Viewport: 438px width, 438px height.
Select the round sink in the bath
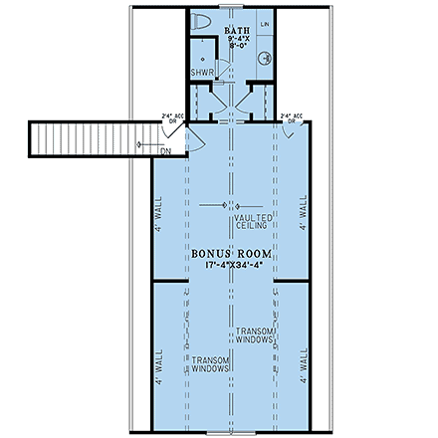(266, 58)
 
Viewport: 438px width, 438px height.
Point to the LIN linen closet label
(265, 22)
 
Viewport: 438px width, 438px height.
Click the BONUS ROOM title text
(231, 255)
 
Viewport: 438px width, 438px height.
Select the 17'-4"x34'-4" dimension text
(231, 266)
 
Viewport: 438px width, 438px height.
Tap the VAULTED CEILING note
(253, 220)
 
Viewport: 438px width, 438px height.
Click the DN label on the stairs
(165, 150)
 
